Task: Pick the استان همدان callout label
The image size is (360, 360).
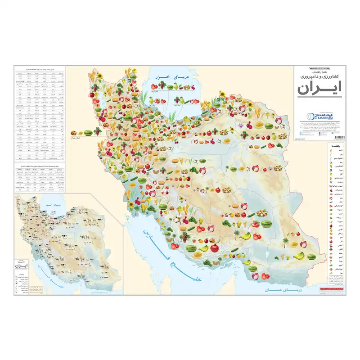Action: point(82,138)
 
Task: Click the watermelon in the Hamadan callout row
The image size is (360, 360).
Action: point(88,132)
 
